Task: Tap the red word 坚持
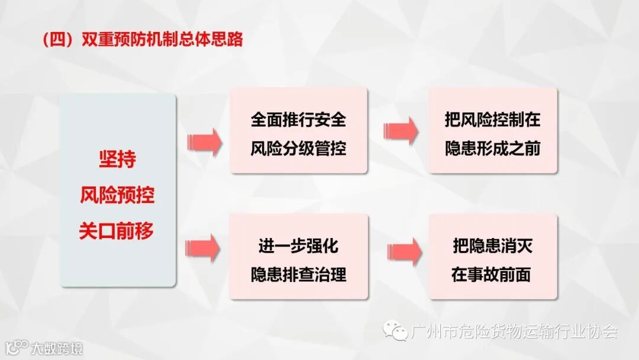point(117,160)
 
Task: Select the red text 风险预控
point(117,195)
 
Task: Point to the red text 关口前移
point(117,231)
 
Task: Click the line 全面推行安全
point(298,120)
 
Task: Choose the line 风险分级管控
point(298,148)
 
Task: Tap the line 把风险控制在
point(493,120)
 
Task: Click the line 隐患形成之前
point(493,148)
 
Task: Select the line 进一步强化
point(298,246)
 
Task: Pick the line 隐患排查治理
point(298,274)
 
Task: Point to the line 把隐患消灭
point(493,246)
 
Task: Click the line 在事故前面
point(493,274)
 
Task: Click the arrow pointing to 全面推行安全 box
point(204,142)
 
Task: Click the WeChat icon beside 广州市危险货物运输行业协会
point(395,330)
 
